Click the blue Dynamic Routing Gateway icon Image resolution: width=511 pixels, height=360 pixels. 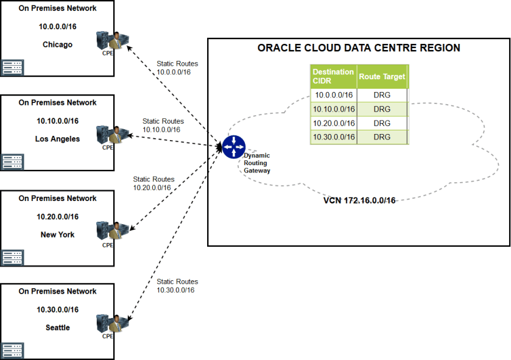coord(233,147)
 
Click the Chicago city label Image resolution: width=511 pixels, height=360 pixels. coord(57,44)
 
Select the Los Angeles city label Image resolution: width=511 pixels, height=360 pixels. coord(57,139)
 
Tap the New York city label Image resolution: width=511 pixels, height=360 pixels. coord(57,235)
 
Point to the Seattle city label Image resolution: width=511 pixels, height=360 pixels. coord(57,328)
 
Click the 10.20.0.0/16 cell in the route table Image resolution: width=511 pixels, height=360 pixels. coord(333,123)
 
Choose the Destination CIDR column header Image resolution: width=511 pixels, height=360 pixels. coord(333,76)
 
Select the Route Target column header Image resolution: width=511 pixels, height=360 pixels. coord(381,77)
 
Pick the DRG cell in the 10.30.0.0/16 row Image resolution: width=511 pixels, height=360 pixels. coord(382,137)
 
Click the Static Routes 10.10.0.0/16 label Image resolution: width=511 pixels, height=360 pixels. coord(163,125)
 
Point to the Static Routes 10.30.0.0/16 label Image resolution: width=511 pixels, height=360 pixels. coord(177,286)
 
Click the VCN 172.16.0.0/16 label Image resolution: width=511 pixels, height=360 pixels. coord(359,200)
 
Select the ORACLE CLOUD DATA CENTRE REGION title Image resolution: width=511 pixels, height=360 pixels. coord(359,48)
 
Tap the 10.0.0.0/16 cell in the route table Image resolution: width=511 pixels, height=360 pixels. coord(333,95)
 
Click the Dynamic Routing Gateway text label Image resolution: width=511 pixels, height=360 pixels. coord(256,163)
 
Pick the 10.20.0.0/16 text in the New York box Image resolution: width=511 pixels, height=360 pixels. coord(57,216)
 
